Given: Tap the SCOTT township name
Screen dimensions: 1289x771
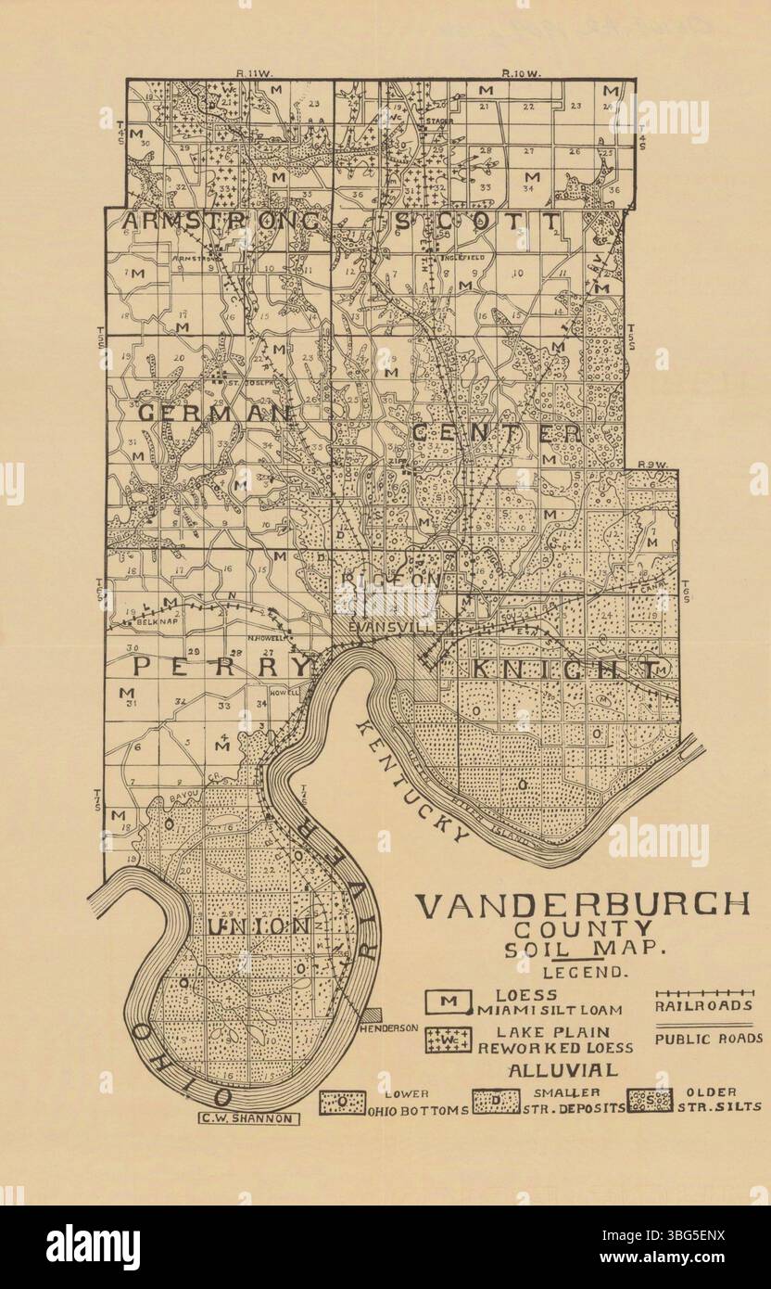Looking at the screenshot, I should (476, 222).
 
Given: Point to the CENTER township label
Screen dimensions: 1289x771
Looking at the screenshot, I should (496, 433).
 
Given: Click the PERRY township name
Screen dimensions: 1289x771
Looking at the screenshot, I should (221, 667).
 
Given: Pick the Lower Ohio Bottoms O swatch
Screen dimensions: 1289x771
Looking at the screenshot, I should (341, 1102).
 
